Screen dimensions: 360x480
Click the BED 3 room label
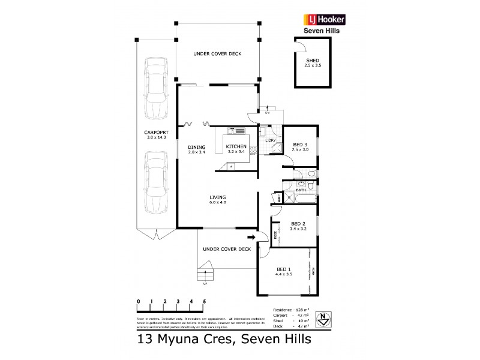(301, 145)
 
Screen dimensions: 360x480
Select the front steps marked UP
(206, 272)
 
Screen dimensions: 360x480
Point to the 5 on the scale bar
(205, 301)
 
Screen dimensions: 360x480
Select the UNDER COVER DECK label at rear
(217, 54)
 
